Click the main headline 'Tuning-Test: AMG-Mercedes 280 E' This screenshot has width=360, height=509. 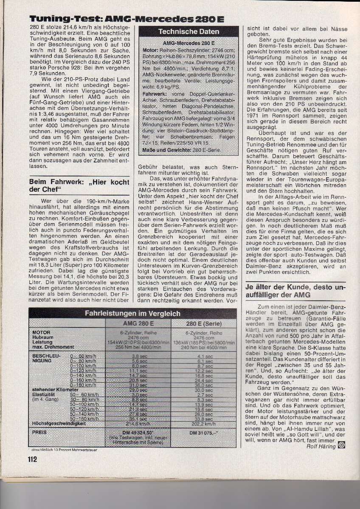[126, 20]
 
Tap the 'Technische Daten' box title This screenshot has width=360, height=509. [189, 32]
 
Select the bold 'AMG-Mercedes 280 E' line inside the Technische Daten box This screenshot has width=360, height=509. [189, 44]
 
